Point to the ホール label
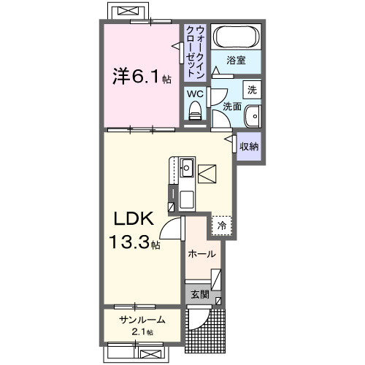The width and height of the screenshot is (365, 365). (201, 254)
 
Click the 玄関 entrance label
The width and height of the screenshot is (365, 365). (200, 295)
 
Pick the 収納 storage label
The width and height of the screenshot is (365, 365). (250, 146)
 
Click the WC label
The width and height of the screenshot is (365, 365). (194, 93)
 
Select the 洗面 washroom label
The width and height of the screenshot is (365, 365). (231, 107)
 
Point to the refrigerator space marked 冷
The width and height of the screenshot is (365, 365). (221, 226)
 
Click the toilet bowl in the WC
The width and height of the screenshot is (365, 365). (195, 112)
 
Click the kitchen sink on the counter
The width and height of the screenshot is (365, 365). (185, 167)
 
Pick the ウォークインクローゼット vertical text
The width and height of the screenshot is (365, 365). (195, 51)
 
